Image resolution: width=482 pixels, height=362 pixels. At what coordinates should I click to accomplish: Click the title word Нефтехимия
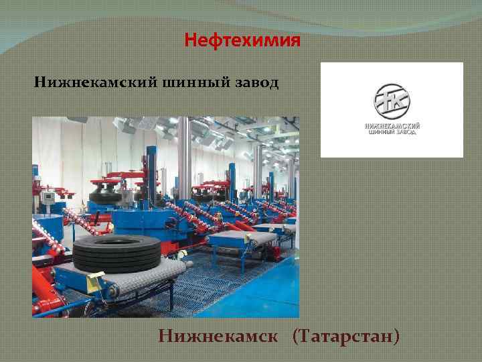(x=242, y=42)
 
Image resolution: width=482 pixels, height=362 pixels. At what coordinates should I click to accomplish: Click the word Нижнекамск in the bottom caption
(x=219, y=335)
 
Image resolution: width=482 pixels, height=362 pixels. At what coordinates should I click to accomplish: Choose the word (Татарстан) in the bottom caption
(x=346, y=335)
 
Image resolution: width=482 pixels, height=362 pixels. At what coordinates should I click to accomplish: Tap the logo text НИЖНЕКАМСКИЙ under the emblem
(x=392, y=126)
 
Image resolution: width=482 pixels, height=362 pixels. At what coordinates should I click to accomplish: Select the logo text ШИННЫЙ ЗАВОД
(x=392, y=133)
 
